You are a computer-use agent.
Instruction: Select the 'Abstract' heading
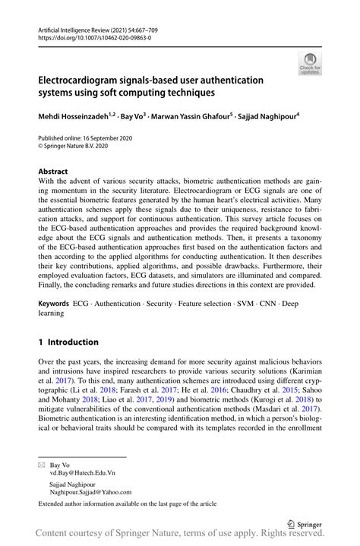pos(54,172)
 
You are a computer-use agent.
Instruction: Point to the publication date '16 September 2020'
pos(118,139)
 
